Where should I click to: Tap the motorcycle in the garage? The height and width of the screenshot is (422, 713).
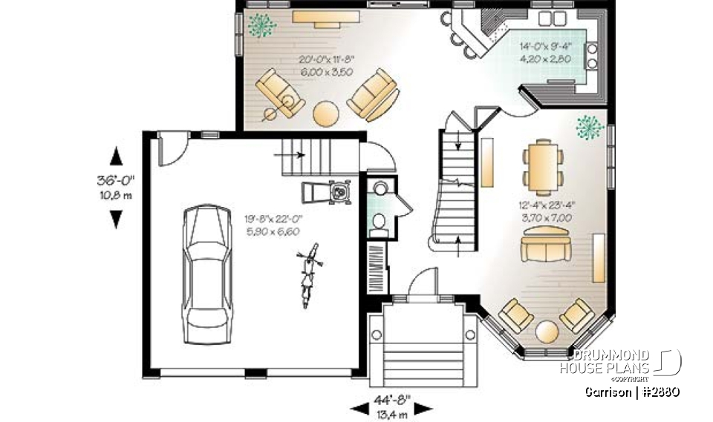click(307, 276)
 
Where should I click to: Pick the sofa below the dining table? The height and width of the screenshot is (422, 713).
click(544, 248)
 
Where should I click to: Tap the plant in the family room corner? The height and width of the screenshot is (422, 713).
click(261, 24)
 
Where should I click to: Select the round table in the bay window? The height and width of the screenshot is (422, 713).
click(547, 330)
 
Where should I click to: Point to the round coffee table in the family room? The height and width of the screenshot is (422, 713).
click(326, 113)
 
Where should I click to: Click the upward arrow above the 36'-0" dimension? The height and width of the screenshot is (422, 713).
click(117, 157)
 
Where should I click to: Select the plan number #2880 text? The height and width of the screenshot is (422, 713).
click(660, 391)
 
